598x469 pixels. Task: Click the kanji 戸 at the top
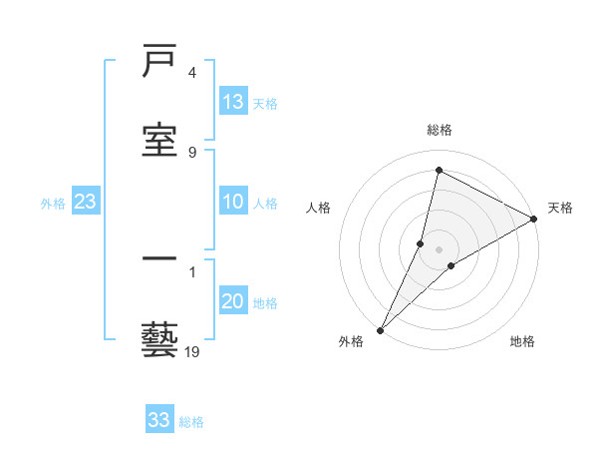click(160, 64)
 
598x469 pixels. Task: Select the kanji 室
click(160, 139)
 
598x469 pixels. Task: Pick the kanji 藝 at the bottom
click(160, 338)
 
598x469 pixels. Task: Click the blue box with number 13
click(233, 102)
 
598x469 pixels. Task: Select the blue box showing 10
click(233, 203)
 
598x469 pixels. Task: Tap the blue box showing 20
click(233, 302)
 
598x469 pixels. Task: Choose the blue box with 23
click(86, 203)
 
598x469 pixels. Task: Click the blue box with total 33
click(159, 420)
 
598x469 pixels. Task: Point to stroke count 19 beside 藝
click(192, 351)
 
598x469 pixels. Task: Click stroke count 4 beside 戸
click(192, 73)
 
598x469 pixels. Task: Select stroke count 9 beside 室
click(192, 152)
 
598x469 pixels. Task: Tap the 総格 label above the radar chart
click(440, 130)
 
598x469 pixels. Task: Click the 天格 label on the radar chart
click(561, 208)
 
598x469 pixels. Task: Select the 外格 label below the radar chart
click(351, 341)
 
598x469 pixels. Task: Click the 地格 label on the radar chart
click(522, 341)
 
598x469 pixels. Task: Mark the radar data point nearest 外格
click(380, 329)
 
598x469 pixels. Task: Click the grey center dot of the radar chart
click(440, 248)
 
